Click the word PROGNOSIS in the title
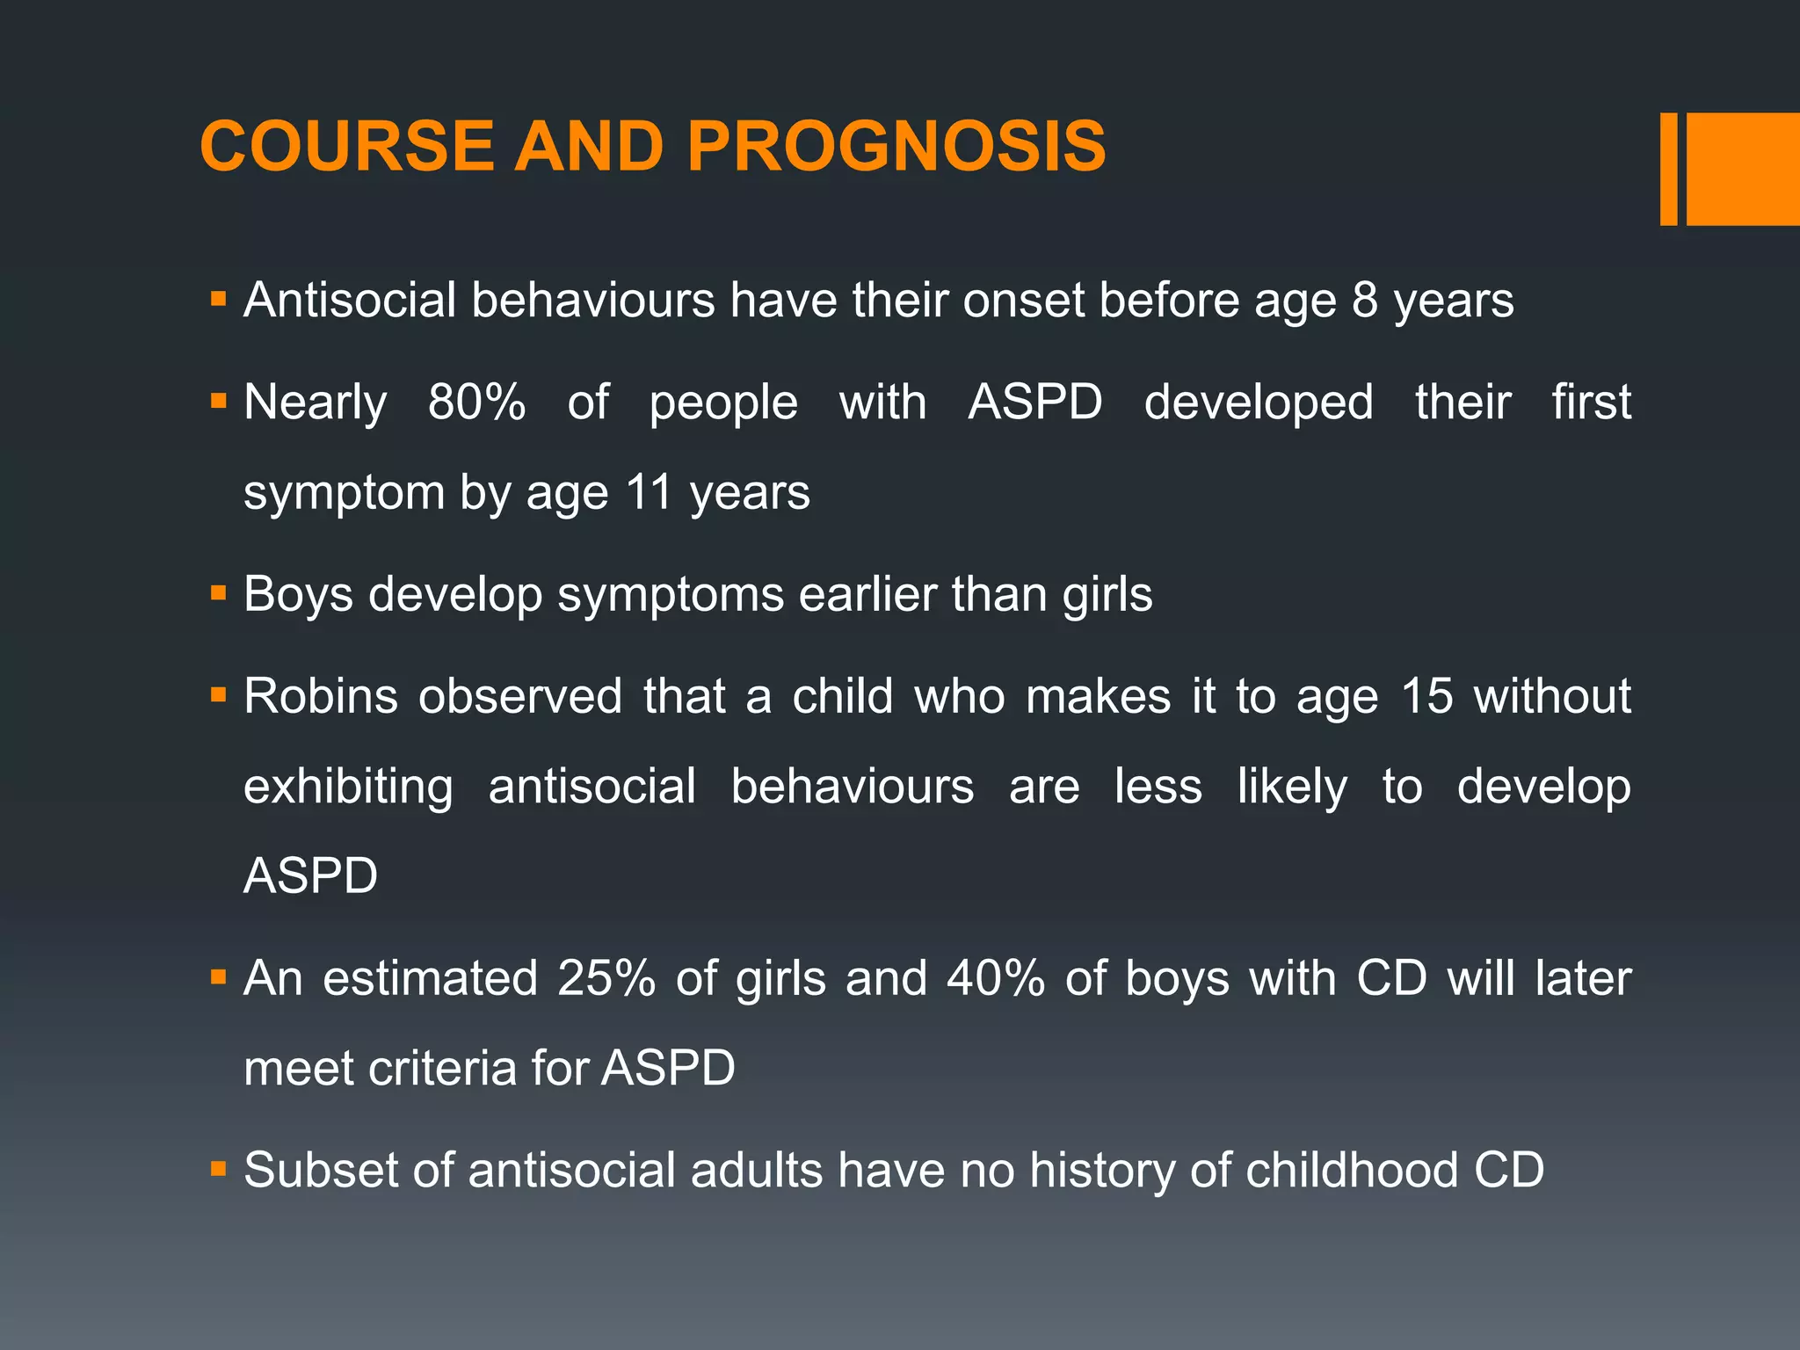click(x=896, y=146)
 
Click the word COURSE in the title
click(x=347, y=146)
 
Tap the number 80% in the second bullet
click(x=476, y=403)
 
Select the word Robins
click(x=321, y=696)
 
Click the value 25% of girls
click(x=606, y=977)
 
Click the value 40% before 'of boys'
click(x=996, y=977)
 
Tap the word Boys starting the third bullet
click(x=298, y=594)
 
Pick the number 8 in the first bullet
click(x=1365, y=301)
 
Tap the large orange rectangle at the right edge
click(x=1742, y=169)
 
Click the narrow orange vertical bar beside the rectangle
click(x=1668, y=169)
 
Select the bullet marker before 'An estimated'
click(x=219, y=976)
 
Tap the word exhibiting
click(x=348, y=786)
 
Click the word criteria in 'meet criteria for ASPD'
click(x=442, y=1068)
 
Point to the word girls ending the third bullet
click(x=1107, y=594)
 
